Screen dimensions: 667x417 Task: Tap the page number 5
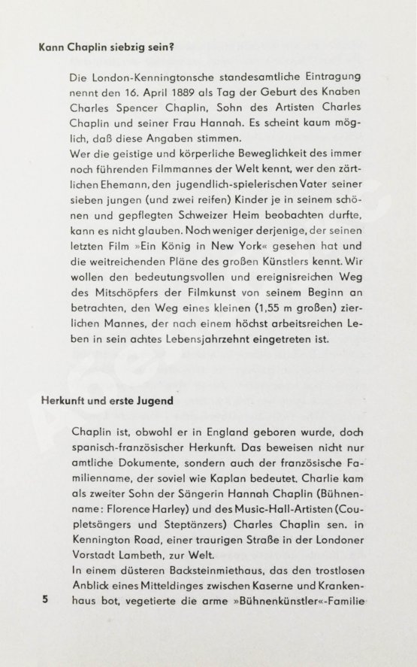(x=46, y=599)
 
